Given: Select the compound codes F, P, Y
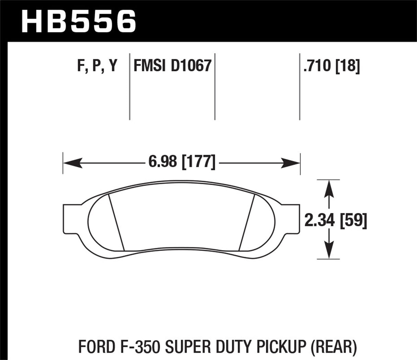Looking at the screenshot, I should tap(97, 65).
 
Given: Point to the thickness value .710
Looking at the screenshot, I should tap(317, 65).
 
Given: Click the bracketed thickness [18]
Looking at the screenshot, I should tap(348, 65).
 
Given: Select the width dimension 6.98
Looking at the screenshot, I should tap(162, 161).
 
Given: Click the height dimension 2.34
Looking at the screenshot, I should tap(319, 220).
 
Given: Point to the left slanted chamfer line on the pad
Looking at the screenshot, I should tap(116, 222).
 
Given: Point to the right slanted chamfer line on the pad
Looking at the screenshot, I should tap(246, 222).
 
